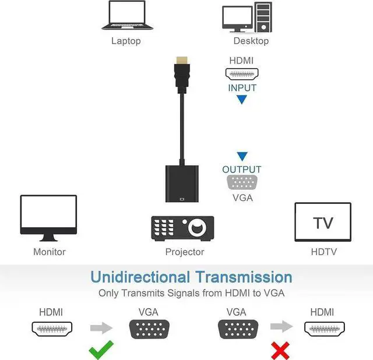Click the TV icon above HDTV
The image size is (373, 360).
click(323, 222)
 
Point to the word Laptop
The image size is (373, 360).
click(126, 41)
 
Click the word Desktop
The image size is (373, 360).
click(251, 41)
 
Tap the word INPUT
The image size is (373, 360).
click(242, 88)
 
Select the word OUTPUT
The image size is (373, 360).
click(242, 170)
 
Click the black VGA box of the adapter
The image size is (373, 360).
click(182, 183)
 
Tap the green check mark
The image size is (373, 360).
click(101, 351)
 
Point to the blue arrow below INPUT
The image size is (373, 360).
click(242, 100)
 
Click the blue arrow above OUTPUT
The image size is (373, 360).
click(242, 156)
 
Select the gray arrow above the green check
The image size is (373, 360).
click(101, 328)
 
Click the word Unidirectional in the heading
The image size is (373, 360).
click(140, 277)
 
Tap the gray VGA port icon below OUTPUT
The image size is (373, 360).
click(242, 183)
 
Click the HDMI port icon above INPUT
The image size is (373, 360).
click(242, 74)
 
